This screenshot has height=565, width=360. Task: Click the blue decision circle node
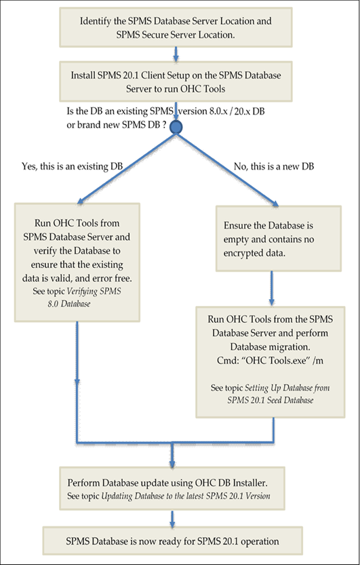pyautogui.click(x=177, y=126)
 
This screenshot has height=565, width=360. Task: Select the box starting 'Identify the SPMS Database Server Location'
pyautogui.click(x=176, y=27)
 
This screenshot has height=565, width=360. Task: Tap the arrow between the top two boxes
pyautogui.click(x=176, y=52)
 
